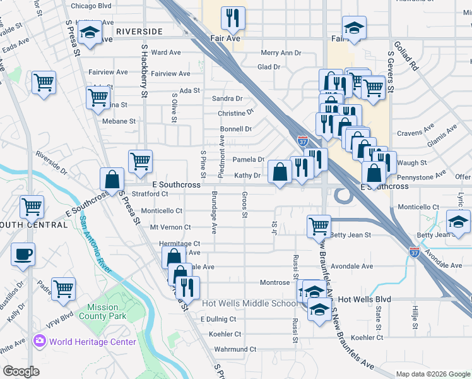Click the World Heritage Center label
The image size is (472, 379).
point(93,342)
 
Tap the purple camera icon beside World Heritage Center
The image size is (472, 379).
point(40,342)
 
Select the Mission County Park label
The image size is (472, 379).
point(107,312)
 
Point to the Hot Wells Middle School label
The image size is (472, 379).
point(249,303)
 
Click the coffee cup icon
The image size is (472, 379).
point(23,254)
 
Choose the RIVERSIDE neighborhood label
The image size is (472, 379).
point(139,31)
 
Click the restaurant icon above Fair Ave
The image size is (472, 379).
point(233,19)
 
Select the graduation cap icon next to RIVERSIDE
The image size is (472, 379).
point(90,32)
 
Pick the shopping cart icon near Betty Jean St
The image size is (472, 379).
point(319,226)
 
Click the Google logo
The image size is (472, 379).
point(21,371)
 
